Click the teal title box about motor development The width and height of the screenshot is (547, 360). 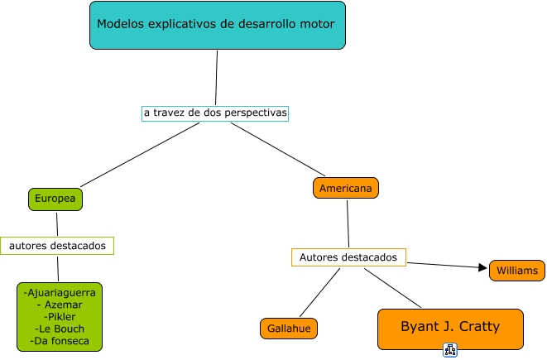(x=218, y=25)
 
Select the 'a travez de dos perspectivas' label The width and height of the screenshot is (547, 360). (x=215, y=113)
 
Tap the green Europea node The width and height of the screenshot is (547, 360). (x=55, y=199)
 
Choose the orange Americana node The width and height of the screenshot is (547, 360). (x=346, y=188)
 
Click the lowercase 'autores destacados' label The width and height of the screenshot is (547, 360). (x=57, y=246)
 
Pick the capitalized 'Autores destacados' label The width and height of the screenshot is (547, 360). (x=348, y=257)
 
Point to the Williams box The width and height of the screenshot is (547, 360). (x=517, y=271)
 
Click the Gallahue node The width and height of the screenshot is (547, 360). (x=289, y=329)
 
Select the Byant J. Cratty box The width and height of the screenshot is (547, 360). (x=450, y=329)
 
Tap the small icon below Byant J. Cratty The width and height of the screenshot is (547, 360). (x=450, y=350)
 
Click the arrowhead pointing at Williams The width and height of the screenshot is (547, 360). (x=482, y=267)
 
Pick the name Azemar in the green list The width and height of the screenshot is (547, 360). (x=64, y=305)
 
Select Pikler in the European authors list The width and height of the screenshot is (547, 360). (x=61, y=317)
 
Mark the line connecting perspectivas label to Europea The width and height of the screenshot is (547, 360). (x=140, y=155)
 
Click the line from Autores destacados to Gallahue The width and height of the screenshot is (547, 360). (x=319, y=292)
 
